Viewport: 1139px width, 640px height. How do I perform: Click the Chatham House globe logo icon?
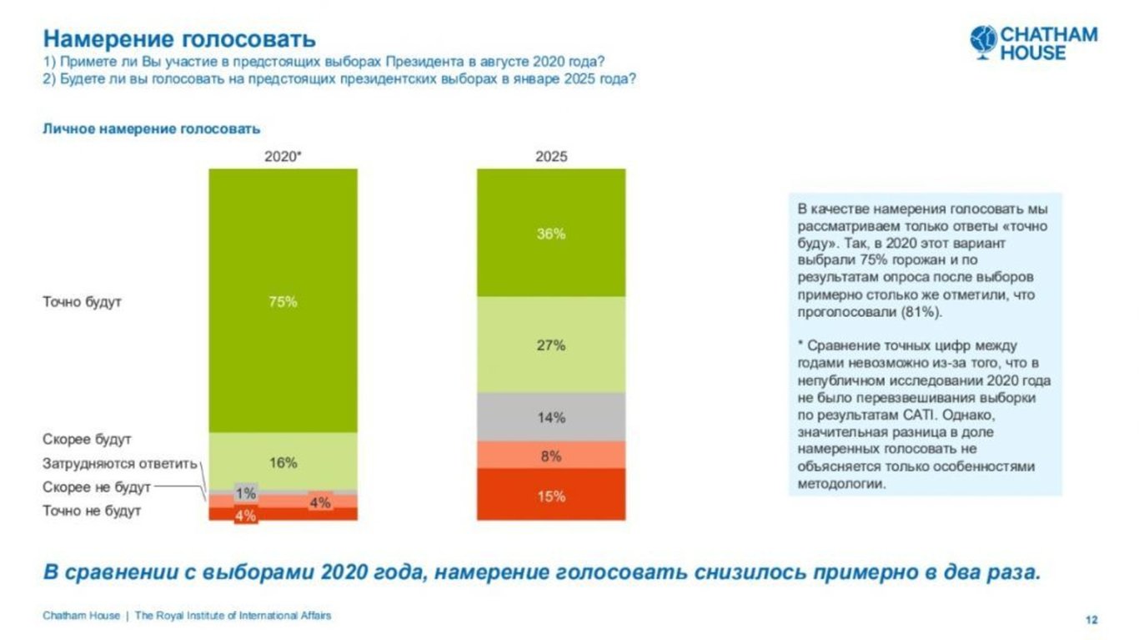click(984, 41)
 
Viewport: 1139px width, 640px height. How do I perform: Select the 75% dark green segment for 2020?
click(283, 301)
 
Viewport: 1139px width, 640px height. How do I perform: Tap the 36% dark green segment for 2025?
click(550, 234)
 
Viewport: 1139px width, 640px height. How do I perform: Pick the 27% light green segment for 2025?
click(550, 345)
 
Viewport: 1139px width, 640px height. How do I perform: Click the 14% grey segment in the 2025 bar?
click(550, 417)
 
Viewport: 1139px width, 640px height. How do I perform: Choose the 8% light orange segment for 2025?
click(550, 456)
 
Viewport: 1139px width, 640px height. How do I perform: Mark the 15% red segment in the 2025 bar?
click(550, 496)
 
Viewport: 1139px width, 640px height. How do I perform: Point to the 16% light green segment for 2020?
click(283, 462)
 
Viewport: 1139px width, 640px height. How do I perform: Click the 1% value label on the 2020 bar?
click(245, 493)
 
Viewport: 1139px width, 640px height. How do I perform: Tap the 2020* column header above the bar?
click(283, 156)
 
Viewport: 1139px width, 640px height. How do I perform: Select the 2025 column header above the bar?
click(550, 156)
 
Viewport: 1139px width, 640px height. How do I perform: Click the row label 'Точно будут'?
click(82, 301)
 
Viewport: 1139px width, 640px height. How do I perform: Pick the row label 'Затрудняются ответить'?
click(119, 463)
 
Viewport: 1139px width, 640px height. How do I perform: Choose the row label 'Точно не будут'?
click(92, 511)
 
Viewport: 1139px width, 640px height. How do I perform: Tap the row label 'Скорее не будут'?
click(97, 486)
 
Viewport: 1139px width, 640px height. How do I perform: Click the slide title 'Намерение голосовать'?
click(179, 38)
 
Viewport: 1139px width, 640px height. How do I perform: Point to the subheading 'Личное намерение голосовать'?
click(151, 129)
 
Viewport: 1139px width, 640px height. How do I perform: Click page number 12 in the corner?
click(1091, 619)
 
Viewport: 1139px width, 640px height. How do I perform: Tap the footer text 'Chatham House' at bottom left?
click(81, 616)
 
